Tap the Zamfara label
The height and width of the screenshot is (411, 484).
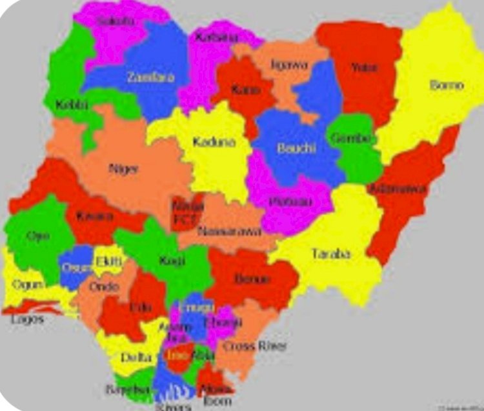[x=150, y=77]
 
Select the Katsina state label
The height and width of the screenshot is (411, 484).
[x=212, y=37]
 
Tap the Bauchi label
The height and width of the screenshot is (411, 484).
[x=296, y=148]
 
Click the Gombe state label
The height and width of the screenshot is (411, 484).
[x=352, y=138]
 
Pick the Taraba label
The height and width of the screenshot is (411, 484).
[x=331, y=254]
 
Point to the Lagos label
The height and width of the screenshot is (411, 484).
[x=27, y=319]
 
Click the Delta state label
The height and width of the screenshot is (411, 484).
[x=136, y=357]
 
